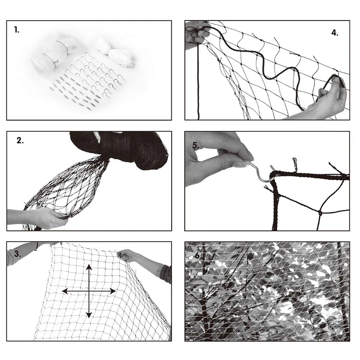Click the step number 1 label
pos(17,30)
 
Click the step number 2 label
pos(20,141)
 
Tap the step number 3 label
pos(18,254)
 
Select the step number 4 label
pos(334,33)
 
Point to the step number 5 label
pos(196,145)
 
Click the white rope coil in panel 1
pos(114,53)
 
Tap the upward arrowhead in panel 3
pos(89,267)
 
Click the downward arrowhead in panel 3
pos(89,315)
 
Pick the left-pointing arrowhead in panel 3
pos(65,291)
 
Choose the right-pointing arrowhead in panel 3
pos(113,291)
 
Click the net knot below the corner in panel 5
pos(320,213)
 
